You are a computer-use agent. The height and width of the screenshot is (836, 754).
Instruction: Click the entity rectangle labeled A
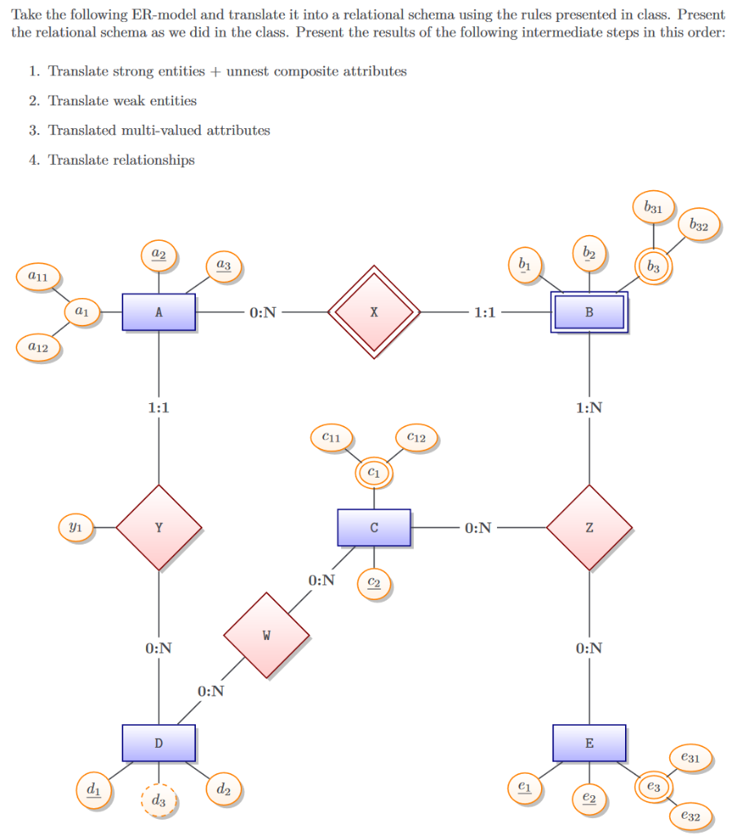pos(158,312)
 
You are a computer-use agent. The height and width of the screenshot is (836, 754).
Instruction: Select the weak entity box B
pos(589,312)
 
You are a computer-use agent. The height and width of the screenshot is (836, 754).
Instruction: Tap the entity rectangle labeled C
pos(374,527)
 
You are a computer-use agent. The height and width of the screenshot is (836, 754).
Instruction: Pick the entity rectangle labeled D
pos(158,743)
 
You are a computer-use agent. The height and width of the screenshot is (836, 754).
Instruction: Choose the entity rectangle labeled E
pos(589,743)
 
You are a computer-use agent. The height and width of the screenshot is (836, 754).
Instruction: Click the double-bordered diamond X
pos(374,312)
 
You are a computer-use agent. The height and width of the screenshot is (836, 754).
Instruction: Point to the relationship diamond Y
pos(158,527)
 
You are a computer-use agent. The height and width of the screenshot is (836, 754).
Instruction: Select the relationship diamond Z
pos(589,527)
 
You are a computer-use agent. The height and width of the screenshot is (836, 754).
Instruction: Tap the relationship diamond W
pos(266,635)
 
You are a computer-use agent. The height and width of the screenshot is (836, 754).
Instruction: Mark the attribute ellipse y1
pos(74,527)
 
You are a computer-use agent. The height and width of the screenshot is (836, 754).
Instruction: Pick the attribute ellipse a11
pos(38,277)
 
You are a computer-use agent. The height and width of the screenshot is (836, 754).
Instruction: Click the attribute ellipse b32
pos(699,225)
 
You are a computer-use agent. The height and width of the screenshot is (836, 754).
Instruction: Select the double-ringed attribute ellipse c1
pos(374,473)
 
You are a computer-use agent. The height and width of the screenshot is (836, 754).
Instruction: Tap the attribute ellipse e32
pos(690,816)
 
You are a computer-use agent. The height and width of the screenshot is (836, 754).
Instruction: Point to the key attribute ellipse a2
pos(158,254)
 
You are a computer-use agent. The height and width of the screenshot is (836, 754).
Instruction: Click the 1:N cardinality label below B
pos(589,407)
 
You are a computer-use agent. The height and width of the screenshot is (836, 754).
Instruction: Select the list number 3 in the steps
pos(34,130)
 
